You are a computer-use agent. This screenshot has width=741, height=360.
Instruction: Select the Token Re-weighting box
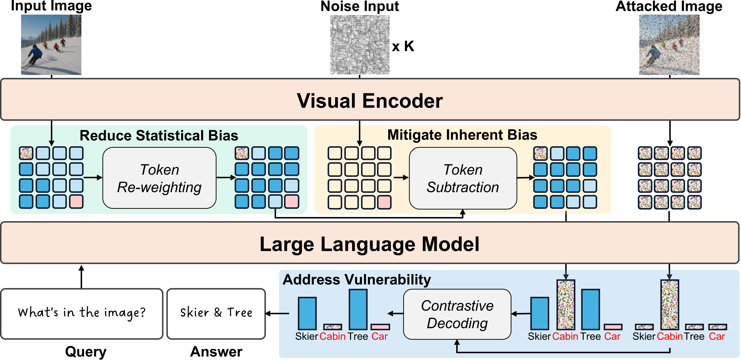(x=159, y=178)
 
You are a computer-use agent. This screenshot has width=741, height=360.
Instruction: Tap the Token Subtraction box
(x=463, y=178)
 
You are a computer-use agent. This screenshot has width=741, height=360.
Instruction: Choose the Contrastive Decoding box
(x=457, y=314)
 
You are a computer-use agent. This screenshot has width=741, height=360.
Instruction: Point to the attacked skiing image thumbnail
(x=669, y=45)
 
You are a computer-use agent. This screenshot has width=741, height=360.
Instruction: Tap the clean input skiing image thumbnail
(x=51, y=45)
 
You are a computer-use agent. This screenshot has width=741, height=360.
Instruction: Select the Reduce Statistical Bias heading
(x=159, y=135)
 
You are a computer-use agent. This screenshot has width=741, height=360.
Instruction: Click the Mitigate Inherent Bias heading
(x=462, y=135)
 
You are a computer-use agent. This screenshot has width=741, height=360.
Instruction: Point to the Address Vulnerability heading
(x=357, y=280)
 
